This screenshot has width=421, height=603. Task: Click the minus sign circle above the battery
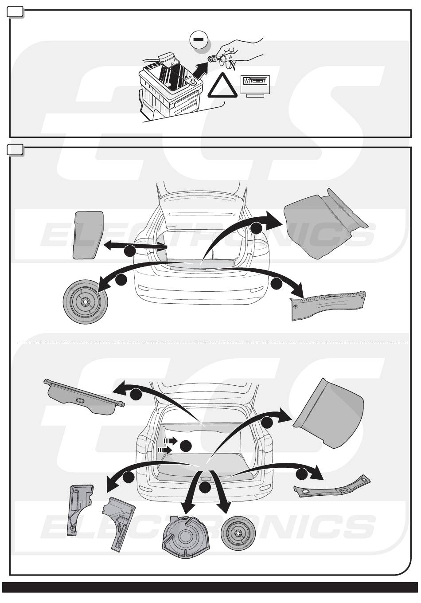198,39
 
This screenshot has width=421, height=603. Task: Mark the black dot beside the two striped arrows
186,446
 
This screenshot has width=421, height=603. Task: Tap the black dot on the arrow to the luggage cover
136,393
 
